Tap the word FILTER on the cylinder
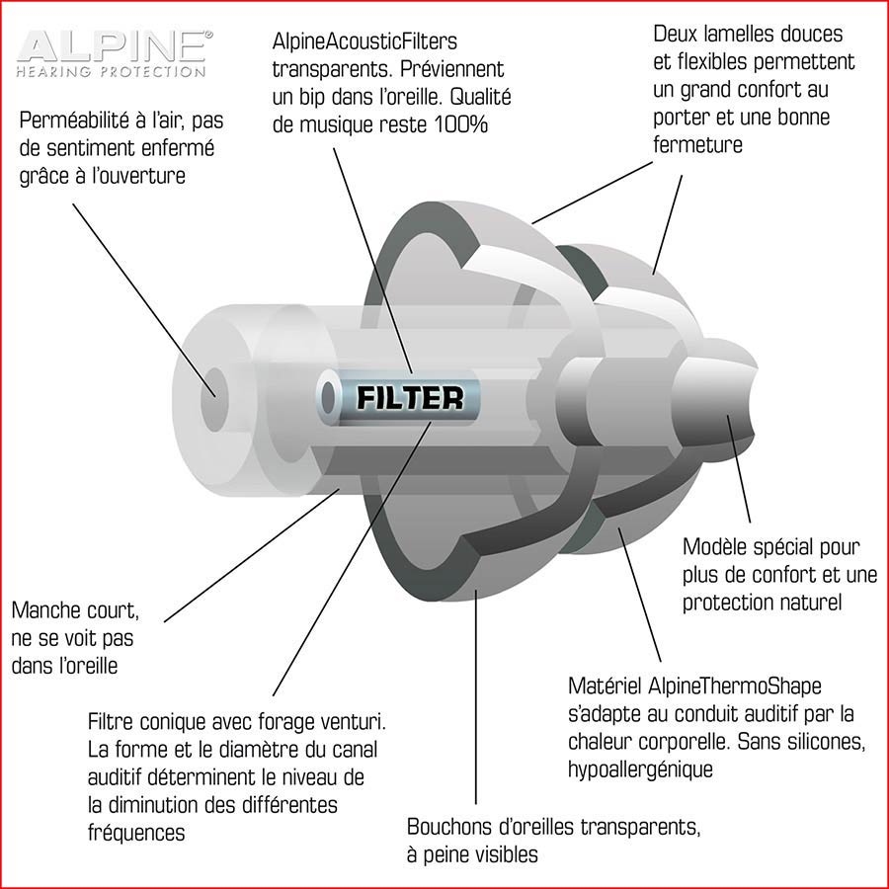coord(410,397)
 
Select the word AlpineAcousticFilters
coord(365,41)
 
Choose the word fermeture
coord(697,145)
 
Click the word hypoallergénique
coord(640,769)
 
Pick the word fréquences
coord(136,833)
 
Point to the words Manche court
coord(75,610)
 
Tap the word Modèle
coord(712,547)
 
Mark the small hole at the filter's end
coord(328,397)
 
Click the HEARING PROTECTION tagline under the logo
coord(111,71)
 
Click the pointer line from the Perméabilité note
coord(144,300)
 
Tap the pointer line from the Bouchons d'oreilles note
coord(476,696)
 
